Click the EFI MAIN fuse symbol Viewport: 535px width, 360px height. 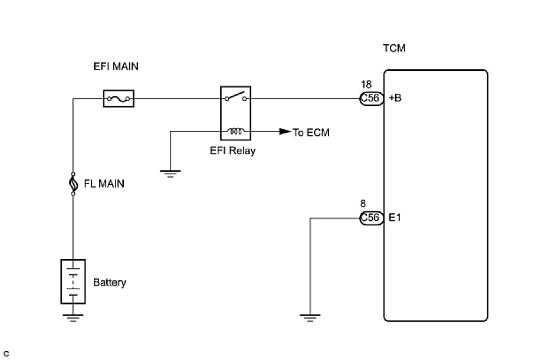tap(119, 99)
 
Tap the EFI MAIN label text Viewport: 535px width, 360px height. tap(116, 67)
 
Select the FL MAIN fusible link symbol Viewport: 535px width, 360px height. tap(73, 184)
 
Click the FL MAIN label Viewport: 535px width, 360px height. tap(104, 184)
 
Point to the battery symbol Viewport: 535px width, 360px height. tap(73, 282)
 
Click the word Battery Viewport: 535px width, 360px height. tap(110, 282)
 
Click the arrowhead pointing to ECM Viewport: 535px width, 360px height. tap(284, 132)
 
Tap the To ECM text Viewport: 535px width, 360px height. tap(311, 132)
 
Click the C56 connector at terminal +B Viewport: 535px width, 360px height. tap(370, 99)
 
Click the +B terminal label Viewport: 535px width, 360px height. tap(395, 99)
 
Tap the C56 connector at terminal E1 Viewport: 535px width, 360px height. tap(370, 218)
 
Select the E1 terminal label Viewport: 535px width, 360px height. tap(395, 218)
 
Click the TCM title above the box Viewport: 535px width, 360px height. tap(394, 48)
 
